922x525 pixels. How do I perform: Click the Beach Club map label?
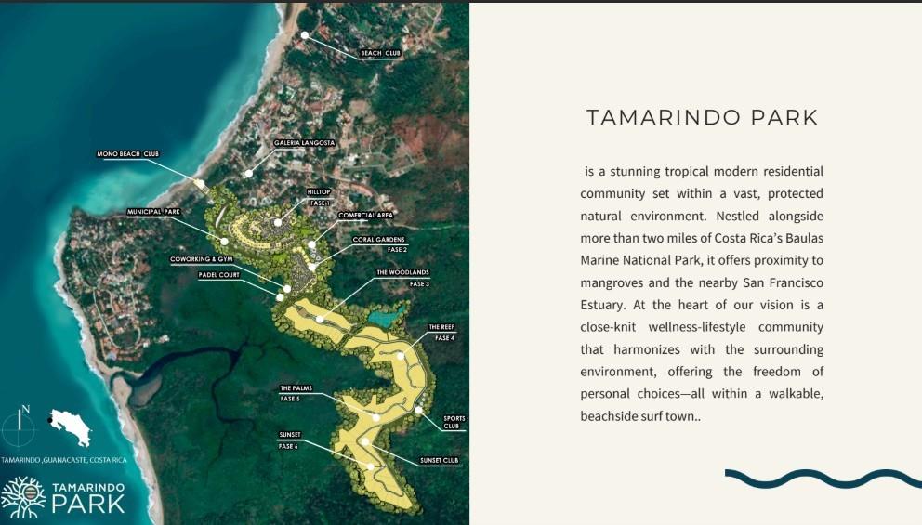(x=380, y=53)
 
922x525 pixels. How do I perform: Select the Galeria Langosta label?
(x=304, y=143)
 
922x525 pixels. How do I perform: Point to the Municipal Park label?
(x=153, y=212)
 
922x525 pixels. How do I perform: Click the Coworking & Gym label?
(x=200, y=259)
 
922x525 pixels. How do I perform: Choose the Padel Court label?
(x=219, y=275)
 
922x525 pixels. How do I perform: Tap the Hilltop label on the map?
(x=319, y=192)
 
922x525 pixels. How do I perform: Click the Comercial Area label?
(x=365, y=215)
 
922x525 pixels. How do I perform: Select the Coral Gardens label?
(x=379, y=240)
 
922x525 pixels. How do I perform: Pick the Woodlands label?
(x=402, y=273)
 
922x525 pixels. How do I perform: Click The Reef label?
(x=441, y=328)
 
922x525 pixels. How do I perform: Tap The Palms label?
(x=296, y=388)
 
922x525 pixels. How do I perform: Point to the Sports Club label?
(x=454, y=422)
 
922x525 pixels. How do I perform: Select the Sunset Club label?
(x=439, y=460)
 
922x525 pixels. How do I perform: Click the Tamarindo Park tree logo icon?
(x=23, y=497)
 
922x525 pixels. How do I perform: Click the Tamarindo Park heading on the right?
(x=702, y=118)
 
